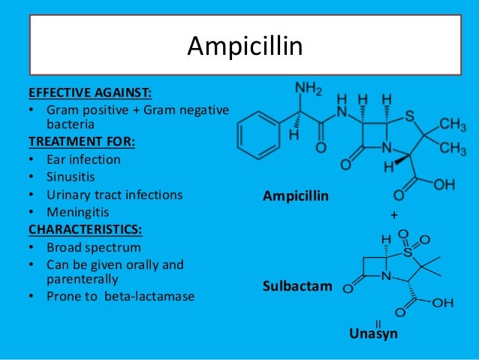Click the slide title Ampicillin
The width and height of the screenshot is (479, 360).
pos(245,47)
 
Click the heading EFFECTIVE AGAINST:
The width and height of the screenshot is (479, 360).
pos(89,94)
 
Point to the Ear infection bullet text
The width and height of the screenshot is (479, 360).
pos(84,159)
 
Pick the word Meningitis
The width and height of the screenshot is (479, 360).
pos(78,213)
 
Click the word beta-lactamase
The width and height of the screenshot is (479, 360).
pos(158,296)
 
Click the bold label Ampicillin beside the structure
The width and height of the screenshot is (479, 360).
pos(297,196)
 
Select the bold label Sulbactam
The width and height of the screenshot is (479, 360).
pos(295,286)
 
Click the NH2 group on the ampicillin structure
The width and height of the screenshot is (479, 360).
pos(308,88)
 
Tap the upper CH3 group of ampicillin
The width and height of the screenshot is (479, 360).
pos(452,123)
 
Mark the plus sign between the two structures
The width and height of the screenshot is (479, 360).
pos(392,215)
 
